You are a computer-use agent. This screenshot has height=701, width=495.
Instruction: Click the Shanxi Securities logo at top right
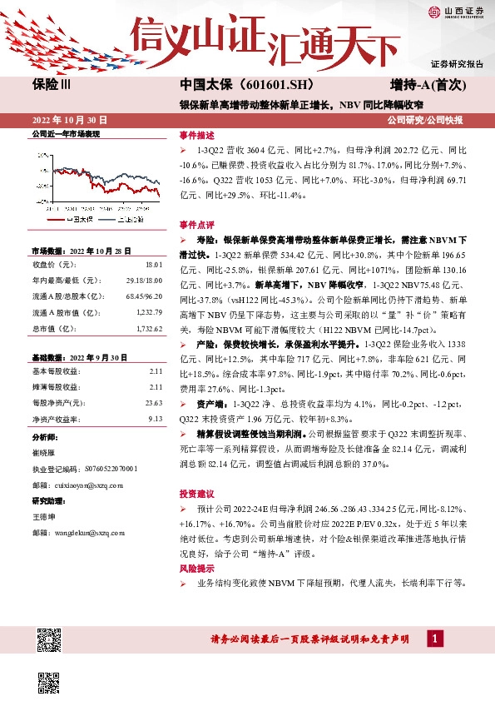(x=456, y=12)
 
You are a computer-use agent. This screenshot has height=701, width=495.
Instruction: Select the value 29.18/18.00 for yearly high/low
(x=143, y=281)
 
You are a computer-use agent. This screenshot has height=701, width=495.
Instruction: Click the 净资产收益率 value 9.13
(x=154, y=419)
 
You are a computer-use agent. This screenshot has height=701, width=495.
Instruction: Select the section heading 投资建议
(x=196, y=491)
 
